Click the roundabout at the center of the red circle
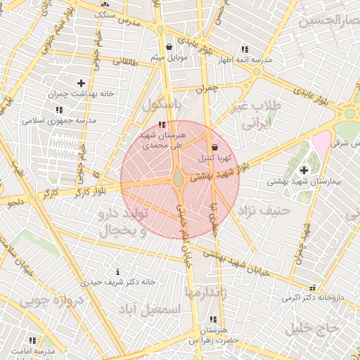[x=180, y=180]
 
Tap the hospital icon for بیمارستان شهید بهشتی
[x=304, y=169]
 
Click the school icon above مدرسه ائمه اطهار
[x=245, y=49]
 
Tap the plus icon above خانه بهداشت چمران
[x=82, y=83]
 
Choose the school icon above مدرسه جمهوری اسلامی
[x=58, y=110]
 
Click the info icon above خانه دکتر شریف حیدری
[x=117, y=271]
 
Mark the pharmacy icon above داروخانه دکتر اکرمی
[x=323, y=287]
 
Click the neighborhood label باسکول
[x=162, y=106]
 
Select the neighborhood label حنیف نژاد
[x=264, y=210]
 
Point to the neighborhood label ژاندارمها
[x=204, y=290]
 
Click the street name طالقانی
[x=125, y=62]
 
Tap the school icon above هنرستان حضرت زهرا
[x=214, y=319]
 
